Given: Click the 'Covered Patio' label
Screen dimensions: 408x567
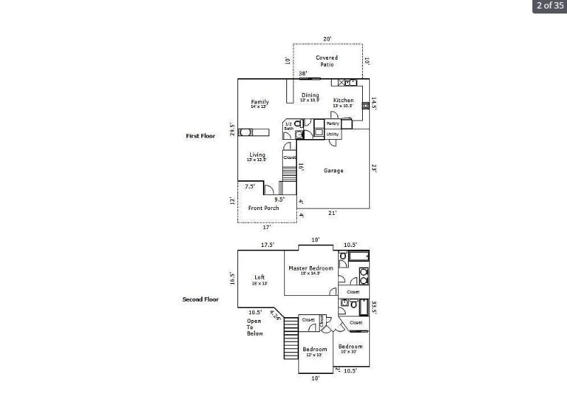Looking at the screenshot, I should [x=327, y=61].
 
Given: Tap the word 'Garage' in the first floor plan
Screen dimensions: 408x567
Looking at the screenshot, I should [x=333, y=170].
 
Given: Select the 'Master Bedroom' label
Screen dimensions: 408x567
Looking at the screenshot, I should [x=310, y=269].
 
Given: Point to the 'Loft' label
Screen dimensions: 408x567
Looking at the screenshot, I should [x=259, y=278].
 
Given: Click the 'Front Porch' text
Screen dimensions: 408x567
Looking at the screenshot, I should [x=263, y=208].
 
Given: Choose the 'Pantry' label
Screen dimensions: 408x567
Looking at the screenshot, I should [x=332, y=123].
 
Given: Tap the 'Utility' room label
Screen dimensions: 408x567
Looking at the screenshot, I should [x=332, y=134].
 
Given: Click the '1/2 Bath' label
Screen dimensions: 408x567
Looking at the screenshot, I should [x=288, y=126].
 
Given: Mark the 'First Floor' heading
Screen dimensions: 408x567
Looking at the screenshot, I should [x=201, y=136].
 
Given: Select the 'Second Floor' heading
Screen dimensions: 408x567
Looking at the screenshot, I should [x=201, y=299].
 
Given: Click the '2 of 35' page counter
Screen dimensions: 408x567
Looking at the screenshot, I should [x=550, y=6].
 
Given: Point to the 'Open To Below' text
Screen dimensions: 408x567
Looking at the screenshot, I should [x=254, y=326].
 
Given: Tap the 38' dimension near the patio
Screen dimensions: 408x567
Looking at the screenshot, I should [x=303, y=74].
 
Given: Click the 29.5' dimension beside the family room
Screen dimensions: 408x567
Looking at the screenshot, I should [x=232, y=129].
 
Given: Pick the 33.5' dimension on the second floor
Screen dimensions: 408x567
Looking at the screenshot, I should [x=374, y=307].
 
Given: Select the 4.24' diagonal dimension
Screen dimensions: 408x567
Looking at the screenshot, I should [x=275, y=315].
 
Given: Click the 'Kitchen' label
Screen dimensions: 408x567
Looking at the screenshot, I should [x=343, y=101].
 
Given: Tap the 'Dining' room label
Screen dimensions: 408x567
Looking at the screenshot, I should [x=310, y=97].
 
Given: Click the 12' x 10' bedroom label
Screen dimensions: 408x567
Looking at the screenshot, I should [x=315, y=351].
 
